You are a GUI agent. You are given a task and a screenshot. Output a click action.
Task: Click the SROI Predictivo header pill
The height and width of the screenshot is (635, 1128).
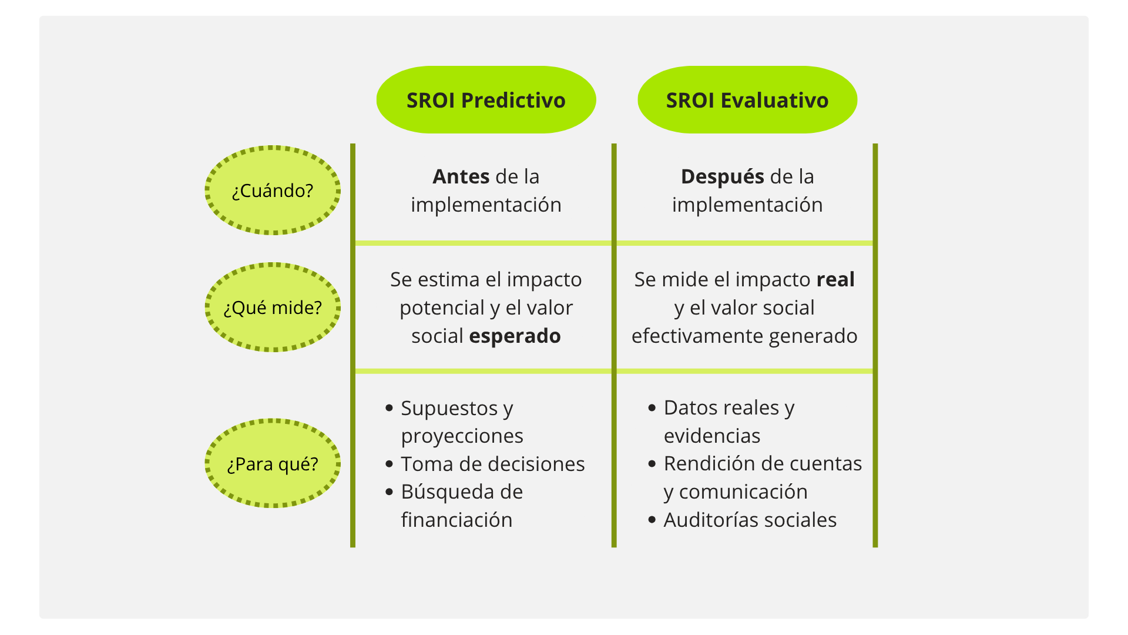click(486, 100)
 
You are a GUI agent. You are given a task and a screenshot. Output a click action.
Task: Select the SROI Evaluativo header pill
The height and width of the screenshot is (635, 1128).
click(747, 100)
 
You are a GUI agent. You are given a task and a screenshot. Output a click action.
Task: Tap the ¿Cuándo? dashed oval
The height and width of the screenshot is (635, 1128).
click(273, 190)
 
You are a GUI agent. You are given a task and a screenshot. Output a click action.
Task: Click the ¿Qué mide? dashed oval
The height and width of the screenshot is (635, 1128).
click(273, 308)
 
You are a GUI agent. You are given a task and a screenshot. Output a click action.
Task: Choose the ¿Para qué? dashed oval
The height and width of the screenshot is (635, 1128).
click(273, 464)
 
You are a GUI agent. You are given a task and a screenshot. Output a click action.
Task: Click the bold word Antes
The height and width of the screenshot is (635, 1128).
click(461, 176)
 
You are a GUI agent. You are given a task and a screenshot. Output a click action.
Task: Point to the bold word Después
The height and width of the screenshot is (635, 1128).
click(722, 176)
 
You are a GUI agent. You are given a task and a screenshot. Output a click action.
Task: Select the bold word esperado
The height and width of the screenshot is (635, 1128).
click(515, 336)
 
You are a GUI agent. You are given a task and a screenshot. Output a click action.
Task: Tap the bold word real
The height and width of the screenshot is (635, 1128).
click(835, 280)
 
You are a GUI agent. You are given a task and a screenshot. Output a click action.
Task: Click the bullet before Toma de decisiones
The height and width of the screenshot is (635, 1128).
click(389, 464)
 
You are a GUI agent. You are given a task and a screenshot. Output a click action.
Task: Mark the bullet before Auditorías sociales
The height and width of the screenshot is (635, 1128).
click(652, 520)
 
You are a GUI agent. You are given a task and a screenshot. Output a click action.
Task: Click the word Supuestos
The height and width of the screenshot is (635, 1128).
click(442, 408)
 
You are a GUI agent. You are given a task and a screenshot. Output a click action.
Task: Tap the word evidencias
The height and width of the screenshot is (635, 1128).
click(712, 436)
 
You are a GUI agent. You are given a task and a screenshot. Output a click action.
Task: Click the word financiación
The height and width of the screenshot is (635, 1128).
click(456, 520)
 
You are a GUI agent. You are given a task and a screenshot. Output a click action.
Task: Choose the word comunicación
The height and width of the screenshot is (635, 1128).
click(743, 492)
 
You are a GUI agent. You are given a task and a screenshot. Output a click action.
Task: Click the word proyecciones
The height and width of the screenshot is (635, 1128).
click(462, 436)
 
